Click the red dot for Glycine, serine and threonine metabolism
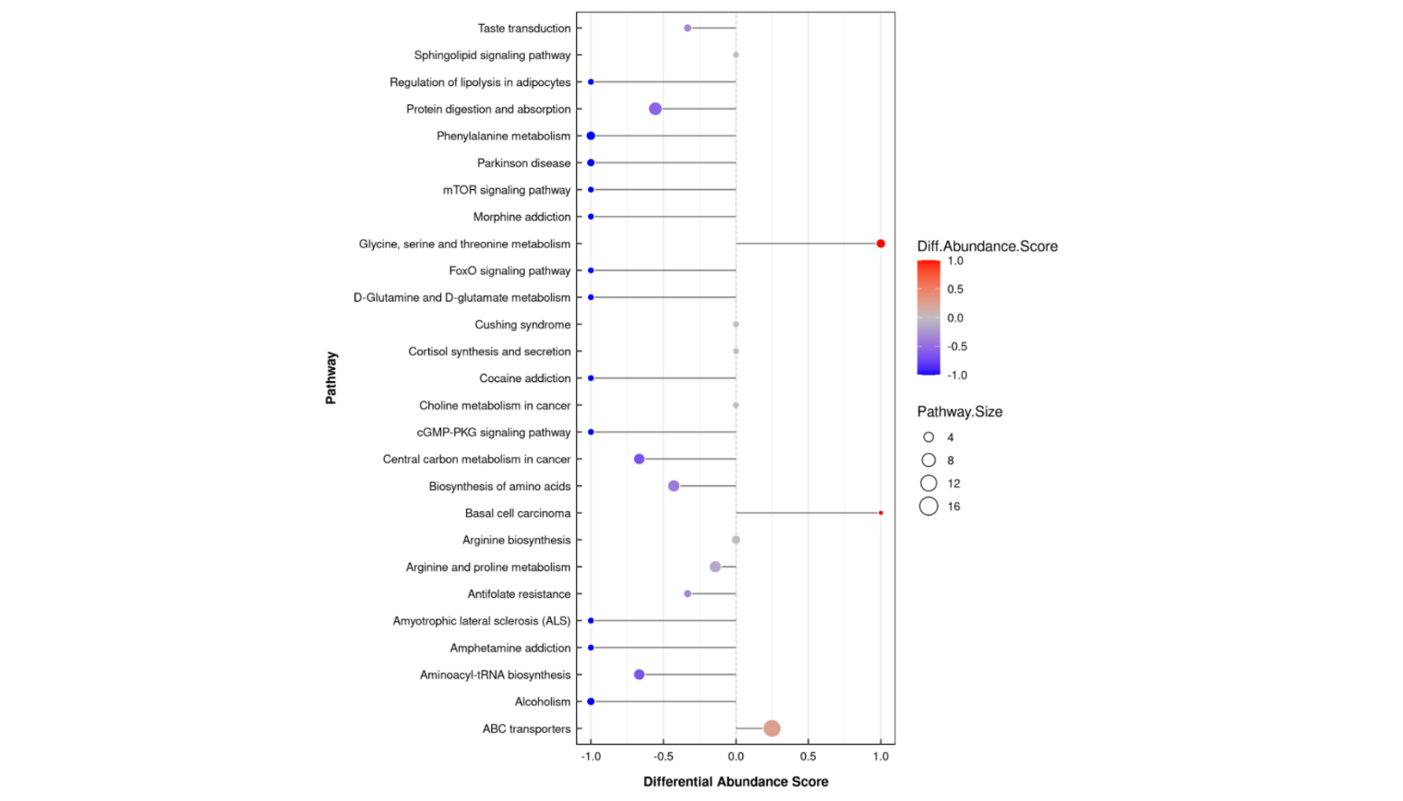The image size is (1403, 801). (x=881, y=244)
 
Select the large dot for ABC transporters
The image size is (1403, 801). (x=772, y=728)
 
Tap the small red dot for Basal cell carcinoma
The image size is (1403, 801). (x=881, y=513)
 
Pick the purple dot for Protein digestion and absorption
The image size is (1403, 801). (x=655, y=109)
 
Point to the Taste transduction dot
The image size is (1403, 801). (x=688, y=29)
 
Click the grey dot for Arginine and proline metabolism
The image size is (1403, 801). (x=715, y=567)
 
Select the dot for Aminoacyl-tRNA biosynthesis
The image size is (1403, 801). (x=639, y=675)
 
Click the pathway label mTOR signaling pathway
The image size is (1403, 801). (x=507, y=190)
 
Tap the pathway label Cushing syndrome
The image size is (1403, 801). (x=522, y=325)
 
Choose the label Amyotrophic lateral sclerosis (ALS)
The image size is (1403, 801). (x=482, y=621)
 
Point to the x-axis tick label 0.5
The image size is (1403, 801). (x=808, y=757)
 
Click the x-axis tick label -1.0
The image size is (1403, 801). (x=591, y=757)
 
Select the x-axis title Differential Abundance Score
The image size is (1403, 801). (x=736, y=782)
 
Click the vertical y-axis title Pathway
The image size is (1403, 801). (x=331, y=377)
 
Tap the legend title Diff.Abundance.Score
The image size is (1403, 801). (x=987, y=246)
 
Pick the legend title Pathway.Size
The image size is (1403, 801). (x=959, y=412)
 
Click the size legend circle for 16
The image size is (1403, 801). (x=929, y=506)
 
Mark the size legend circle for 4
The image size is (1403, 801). (x=929, y=437)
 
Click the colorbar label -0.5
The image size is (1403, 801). (x=957, y=347)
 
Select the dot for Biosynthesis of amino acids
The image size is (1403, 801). (x=674, y=486)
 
